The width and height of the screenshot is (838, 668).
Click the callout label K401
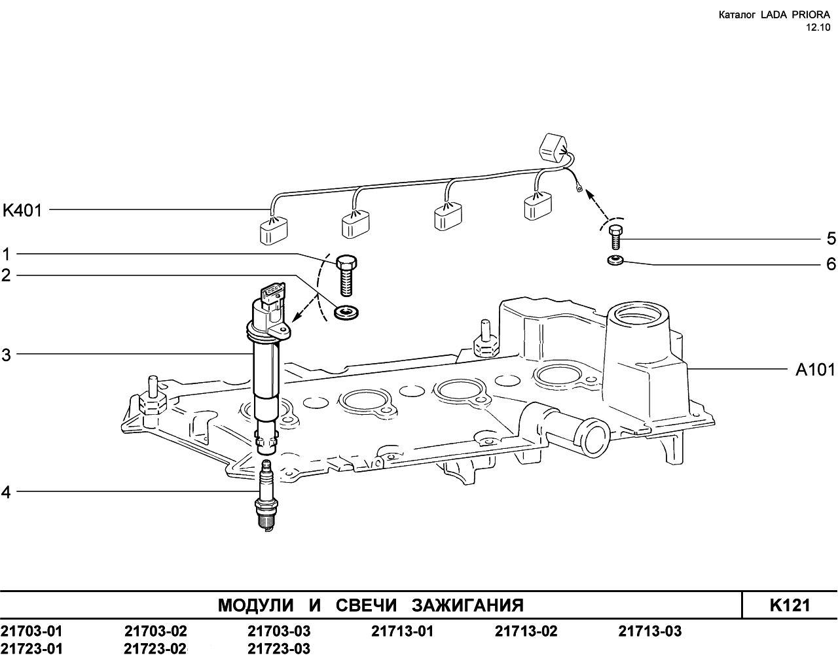tap(22, 211)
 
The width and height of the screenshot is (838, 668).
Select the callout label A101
tap(815, 370)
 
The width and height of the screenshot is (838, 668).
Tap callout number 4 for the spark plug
tap(6, 493)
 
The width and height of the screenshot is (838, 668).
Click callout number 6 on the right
tap(831, 264)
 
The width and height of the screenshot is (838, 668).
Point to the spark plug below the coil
tap(266, 495)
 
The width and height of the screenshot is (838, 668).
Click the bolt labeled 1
tap(346, 275)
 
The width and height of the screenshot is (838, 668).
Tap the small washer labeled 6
tap(615, 260)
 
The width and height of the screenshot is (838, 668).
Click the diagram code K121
tap(790, 605)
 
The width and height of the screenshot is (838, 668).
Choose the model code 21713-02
tap(526, 631)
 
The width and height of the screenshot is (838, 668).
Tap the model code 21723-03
tap(279, 649)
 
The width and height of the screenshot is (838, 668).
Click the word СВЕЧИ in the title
tap(366, 605)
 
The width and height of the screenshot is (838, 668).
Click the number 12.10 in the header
tap(817, 27)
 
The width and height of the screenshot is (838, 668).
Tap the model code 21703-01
tap(31, 631)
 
